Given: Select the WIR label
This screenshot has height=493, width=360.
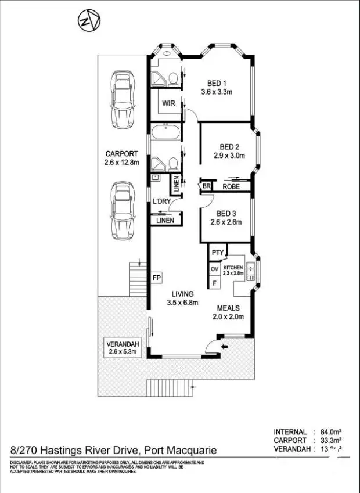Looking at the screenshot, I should click(x=169, y=103).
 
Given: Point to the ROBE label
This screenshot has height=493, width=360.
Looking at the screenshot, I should click(x=231, y=187).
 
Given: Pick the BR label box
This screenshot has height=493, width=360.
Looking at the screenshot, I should click(x=206, y=186).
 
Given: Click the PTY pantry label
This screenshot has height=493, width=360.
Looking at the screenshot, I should click(x=217, y=253).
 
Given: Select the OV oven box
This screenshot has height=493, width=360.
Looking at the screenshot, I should click(x=214, y=269).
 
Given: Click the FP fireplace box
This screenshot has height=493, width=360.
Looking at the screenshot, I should click(x=156, y=278).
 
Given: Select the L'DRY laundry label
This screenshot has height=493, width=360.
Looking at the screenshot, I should click(x=161, y=201).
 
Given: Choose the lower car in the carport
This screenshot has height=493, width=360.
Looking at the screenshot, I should click(x=122, y=210).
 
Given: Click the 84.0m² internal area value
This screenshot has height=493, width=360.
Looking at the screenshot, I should click(x=332, y=432).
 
